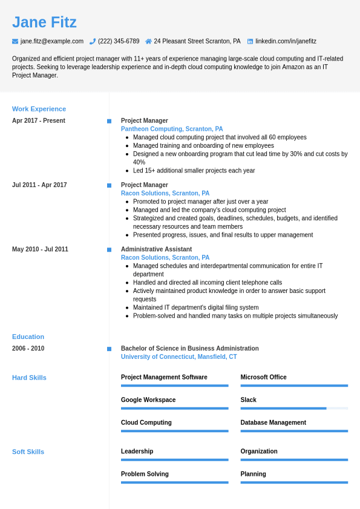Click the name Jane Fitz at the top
[44, 22]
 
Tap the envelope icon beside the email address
[15, 41]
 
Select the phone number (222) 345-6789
[119, 41]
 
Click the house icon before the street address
[148, 41]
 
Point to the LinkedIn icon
[250, 41]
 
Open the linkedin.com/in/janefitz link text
[286, 41]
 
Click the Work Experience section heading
[39, 109]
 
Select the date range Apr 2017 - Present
[39, 120]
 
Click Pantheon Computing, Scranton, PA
[172, 129]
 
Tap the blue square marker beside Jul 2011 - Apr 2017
[109, 185]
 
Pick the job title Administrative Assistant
[156, 249]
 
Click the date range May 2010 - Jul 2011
[40, 249]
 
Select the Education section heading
[28, 337]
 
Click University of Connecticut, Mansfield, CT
[178, 357]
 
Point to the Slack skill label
[248, 400]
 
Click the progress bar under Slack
[294, 409]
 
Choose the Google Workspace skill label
[148, 400]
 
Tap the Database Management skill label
[273, 422]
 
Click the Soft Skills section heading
[28, 452]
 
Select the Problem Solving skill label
[145, 474]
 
